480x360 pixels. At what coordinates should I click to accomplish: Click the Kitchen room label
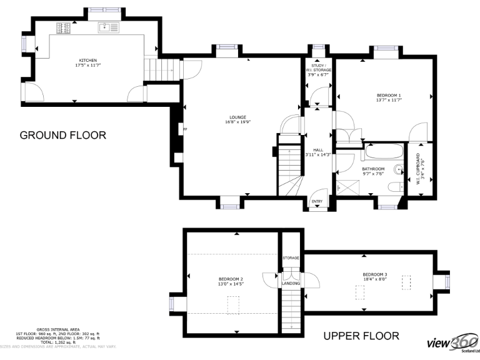click(87, 61)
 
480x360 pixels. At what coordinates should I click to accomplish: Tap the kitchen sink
click(108, 27)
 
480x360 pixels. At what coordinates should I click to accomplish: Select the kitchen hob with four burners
click(64, 27)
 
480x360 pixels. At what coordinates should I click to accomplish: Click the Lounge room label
click(237, 117)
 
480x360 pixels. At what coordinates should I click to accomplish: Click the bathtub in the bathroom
click(382, 151)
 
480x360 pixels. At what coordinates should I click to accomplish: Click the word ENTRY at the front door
click(317, 201)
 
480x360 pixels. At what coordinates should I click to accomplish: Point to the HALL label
click(317, 150)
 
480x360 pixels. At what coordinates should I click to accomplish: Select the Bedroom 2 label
click(231, 279)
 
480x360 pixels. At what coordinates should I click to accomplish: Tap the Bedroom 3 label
click(375, 274)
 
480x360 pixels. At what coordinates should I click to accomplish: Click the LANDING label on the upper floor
click(291, 284)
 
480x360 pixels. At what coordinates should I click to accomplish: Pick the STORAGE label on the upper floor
click(291, 257)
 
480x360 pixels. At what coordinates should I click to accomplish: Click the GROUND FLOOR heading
click(62, 135)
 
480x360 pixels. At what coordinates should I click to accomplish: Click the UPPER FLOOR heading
click(361, 336)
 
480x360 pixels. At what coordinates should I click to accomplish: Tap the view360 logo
click(452, 344)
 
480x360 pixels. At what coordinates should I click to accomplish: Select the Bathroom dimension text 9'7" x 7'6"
click(373, 174)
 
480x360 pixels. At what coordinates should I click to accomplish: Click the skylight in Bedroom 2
click(233, 305)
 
